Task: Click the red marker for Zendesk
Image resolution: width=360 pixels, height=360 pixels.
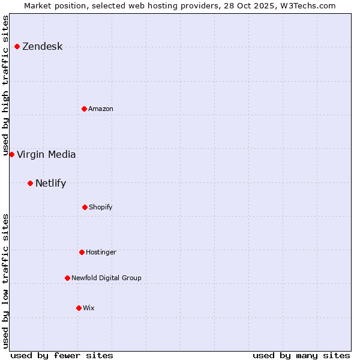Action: [x=17, y=46]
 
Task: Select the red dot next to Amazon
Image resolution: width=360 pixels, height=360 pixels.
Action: [x=84, y=109]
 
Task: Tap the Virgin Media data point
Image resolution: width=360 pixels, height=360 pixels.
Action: [x=11, y=154]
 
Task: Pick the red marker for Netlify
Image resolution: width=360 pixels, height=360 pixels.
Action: [x=30, y=183]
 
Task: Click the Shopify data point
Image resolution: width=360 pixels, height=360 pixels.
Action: [x=85, y=207]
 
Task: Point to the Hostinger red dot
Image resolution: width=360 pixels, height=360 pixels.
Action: [x=82, y=252]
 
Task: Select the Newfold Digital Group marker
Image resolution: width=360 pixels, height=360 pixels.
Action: [x=67, y=278]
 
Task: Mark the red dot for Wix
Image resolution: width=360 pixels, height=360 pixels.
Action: [x=79, y=308]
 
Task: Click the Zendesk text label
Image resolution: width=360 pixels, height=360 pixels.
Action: [x=42, y=47]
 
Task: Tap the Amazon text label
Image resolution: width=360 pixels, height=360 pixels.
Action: [x=101, y=109]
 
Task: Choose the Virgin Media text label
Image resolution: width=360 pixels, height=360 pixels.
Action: [x=46, y=155]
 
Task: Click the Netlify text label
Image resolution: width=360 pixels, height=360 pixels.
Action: [x=50, y=184]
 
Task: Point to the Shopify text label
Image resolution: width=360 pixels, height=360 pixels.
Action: [x=101, y=208]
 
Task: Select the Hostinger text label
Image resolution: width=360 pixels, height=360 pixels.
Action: [x=101, y=253]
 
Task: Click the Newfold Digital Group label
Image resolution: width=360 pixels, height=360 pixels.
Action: [x=106, y=278]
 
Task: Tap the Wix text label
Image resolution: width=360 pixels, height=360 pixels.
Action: [x=89, y=308]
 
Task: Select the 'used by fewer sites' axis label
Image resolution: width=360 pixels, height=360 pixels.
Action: [x=62, y=355]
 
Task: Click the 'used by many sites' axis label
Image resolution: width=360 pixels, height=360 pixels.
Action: [x=301, y=355]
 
